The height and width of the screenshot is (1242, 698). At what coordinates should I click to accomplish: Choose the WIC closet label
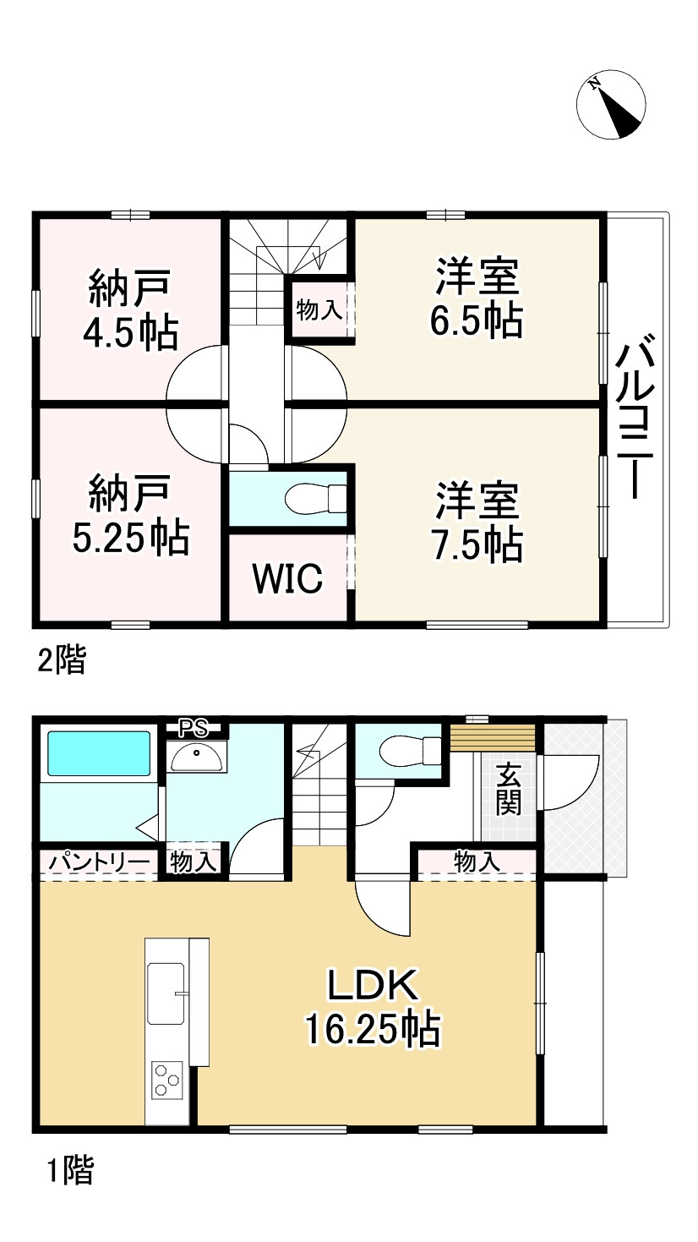[x=287, y=579]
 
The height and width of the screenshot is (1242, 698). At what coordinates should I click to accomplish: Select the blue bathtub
[x=99, y=753]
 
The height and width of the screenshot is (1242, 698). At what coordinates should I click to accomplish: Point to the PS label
[x=197, y=725]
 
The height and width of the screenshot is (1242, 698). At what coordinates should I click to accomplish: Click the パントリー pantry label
[x=98, y=862]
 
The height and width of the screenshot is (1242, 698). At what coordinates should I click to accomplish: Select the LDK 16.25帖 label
[x=372, y=1007]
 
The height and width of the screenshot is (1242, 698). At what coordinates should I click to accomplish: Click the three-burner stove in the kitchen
[x=166, y=1080]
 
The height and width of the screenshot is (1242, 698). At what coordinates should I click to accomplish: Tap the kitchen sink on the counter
[x=168, y=990]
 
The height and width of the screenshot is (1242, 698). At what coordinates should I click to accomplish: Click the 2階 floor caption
[x=62, y=660]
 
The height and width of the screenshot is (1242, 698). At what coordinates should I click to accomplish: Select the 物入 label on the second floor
[x=319, y=310]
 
